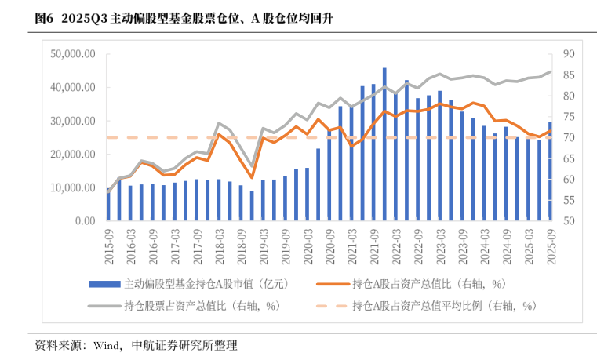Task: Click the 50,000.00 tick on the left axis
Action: point(72,54)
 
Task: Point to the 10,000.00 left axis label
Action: point(72,188)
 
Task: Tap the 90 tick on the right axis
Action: point(568,54)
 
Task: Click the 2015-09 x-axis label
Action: point(109,245)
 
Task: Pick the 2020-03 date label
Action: point(308,245)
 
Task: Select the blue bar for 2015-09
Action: point(108,205)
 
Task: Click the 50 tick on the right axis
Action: point(568,221)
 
